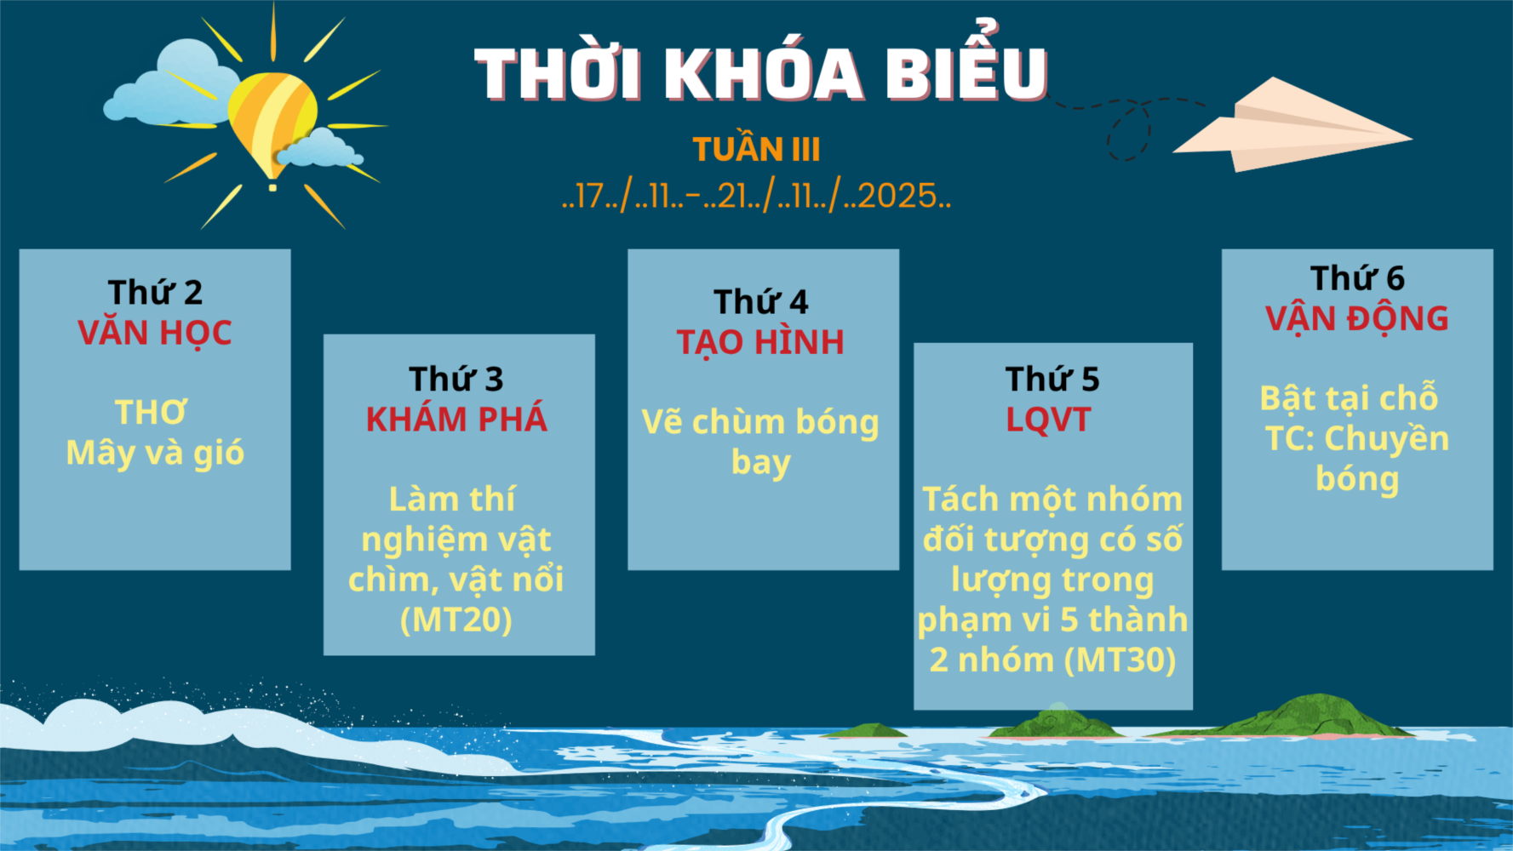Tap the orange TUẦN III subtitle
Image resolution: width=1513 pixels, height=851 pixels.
pyautogui.click(x=756, y=149)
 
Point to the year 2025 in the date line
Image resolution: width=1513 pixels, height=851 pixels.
pyautogui.click(x=897, y=196)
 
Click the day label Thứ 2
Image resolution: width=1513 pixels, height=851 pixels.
pyautogui.click(x=155, y=292)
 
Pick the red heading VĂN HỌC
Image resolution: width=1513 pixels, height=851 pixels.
pyautogui.click(x=155, y=333)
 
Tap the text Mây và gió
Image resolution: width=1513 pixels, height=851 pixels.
pyautogui.click(x=155, y=452)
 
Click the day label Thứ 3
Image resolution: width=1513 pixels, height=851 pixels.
pyautogui.click(x=456, y=379)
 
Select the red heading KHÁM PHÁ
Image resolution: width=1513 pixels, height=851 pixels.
pyautogui.click(x=456, y=419)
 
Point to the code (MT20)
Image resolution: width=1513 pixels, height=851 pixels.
pyautogui.click(x=456, y=620)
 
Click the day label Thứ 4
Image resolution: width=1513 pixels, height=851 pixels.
pyautogui.click(x=761, y=301)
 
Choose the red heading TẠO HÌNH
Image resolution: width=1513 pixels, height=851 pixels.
pyautogui.click(x=761, y=343)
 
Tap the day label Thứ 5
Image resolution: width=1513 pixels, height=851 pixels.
pyautogui.click(x=1052, y=379)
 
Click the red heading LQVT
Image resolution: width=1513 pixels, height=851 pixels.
pyautogui.click(x=1048, y=420)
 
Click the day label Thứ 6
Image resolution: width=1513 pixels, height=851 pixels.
pyautogui.click(x=1357, y=277)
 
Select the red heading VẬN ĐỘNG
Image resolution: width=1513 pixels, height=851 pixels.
pyautogui.click(x=1357, y=319)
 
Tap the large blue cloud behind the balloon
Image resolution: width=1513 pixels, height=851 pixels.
pyautogui.click(x=175, y=85)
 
